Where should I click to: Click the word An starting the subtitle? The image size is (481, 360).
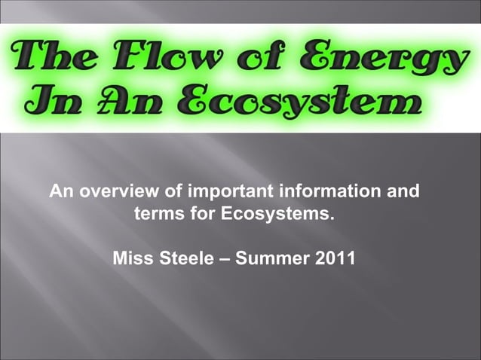[x=62, y=191]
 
